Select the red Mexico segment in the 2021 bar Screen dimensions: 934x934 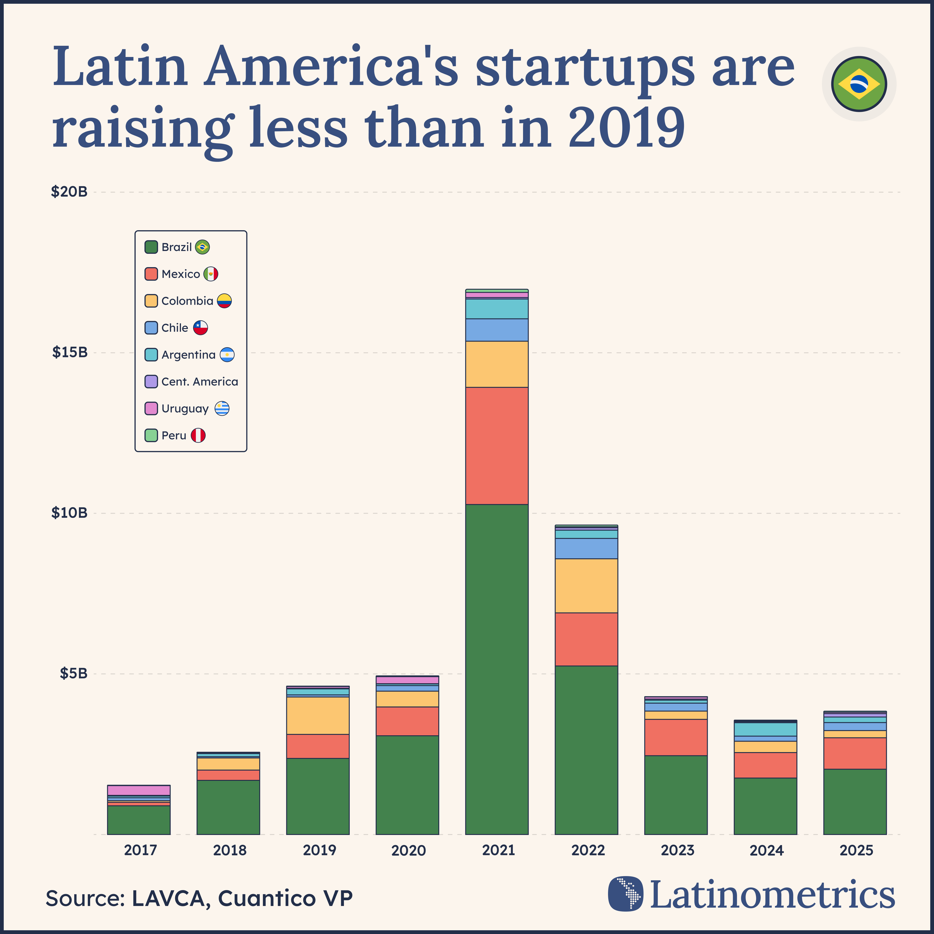tap(496, 446)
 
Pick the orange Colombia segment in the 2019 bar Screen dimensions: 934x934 tap(318, 715)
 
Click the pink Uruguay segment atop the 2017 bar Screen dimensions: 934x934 tap(139, 790)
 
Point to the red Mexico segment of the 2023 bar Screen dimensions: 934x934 tap(675, 737)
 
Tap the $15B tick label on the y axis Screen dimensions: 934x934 tap(70, 352)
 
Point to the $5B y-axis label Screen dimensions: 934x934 tap(74, 673)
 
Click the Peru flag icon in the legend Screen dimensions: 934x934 tap(198, 435)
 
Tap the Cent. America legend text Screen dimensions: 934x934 tap(200, 382)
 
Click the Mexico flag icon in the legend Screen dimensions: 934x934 tap(211, 274)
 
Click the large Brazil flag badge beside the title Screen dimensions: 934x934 tap(859, 84)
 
